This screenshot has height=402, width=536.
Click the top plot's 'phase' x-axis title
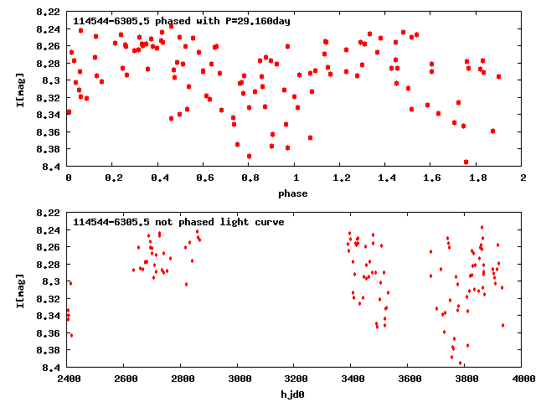295,193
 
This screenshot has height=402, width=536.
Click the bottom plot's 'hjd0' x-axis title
295,394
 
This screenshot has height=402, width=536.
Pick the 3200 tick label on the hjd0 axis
296,379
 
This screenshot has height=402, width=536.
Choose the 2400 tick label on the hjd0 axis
69,379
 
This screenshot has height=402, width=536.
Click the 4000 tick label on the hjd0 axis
523,379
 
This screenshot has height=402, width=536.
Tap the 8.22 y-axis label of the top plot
49,12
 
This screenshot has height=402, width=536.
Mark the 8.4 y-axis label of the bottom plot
53,368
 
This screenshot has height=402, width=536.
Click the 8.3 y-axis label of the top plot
53,80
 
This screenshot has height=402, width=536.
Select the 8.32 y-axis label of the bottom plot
49,299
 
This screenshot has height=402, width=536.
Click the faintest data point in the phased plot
466,162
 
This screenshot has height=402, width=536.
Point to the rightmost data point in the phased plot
498,76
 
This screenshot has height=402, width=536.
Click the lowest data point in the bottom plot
460,363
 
